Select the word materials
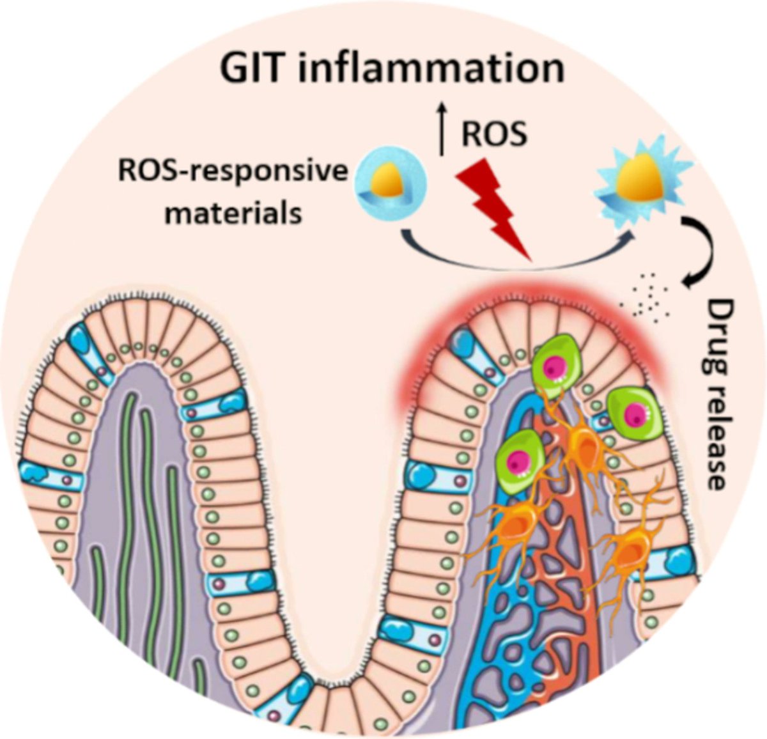[x=233, y=212]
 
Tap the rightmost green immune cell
[x=630, y=410]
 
